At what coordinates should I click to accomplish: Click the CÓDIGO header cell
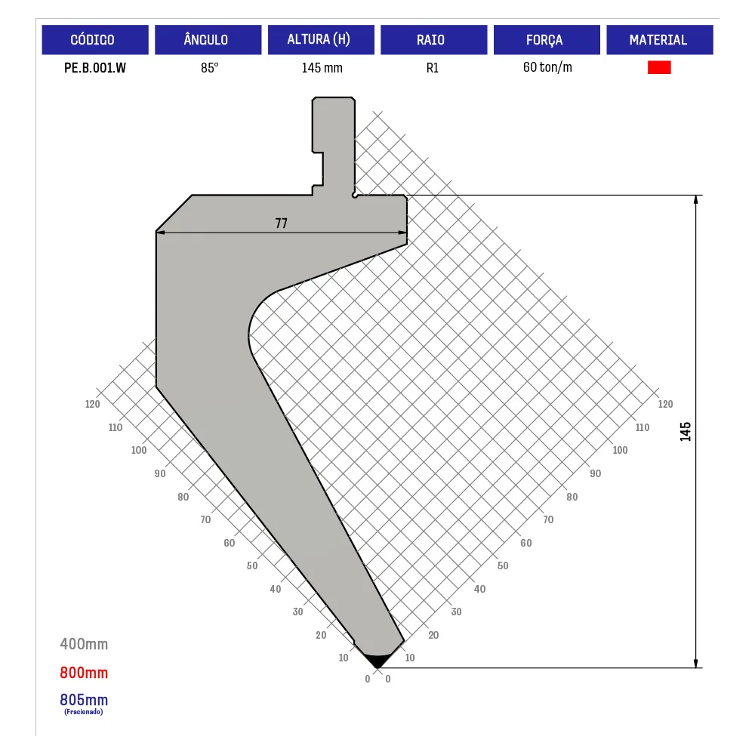coord(95,39)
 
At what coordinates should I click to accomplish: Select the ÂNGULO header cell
coord(208,39)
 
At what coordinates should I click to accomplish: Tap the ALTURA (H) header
coord(321,39)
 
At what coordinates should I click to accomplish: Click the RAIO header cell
coord(434,39)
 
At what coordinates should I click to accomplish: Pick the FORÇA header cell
coord(547,39)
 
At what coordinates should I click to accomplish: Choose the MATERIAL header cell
coord(660,39)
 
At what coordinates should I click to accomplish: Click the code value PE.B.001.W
coord(95,68)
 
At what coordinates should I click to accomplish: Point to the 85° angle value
coord(209,68)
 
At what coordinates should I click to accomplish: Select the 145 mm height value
coord(322,68)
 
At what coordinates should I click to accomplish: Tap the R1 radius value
coord(433,68)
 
